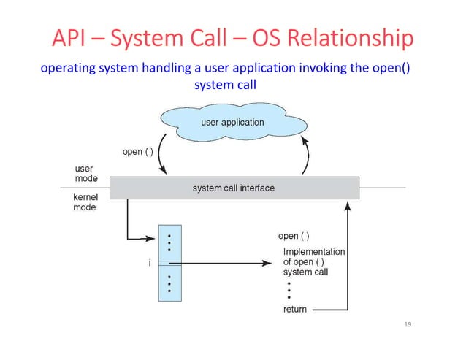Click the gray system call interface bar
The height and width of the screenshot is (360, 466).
coord(234,188)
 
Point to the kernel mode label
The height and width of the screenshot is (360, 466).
coord(86,202)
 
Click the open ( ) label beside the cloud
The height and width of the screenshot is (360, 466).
coord(137,152)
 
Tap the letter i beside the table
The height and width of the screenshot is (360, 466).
coord(150,264)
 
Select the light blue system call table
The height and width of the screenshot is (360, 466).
coord(169,263)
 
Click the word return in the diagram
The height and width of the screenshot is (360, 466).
coord(295,310)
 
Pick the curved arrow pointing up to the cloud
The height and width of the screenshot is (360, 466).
coord(307,156)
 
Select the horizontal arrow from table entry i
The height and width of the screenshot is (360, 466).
coord(226,263)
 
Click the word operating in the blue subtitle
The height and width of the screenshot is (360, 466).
coord(65,69)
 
